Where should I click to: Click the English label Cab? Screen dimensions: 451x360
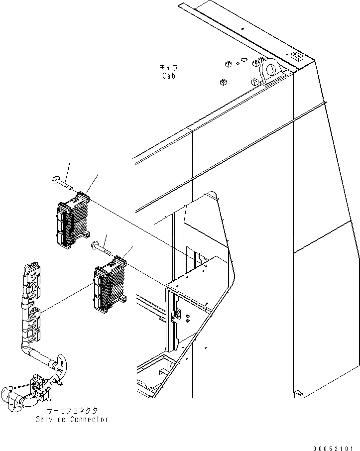(169, 76)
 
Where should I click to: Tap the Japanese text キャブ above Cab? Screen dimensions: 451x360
(169, 67)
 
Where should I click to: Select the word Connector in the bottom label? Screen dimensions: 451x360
(90, 419)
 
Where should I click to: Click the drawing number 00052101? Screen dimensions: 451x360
(336, 448)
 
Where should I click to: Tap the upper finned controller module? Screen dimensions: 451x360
(74, 222)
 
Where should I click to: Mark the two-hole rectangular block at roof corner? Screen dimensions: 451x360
(297, 56)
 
